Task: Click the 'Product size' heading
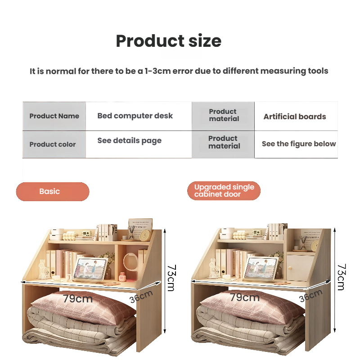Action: tap(168, 41)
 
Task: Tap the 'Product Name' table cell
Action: tap(54, 116)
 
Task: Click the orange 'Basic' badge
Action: tap(53, 192)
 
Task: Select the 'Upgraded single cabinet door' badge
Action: tap(224, 190)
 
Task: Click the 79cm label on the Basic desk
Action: tap(78, 298)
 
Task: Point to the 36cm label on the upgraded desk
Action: tap(310, 296)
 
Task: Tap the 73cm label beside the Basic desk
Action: tap(171, 278)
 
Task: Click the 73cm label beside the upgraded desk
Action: tap(342, 277)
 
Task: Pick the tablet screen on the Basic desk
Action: tap(90, 269)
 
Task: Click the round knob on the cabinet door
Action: tap(290, 268)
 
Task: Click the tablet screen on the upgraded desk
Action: tap(261, 268)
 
